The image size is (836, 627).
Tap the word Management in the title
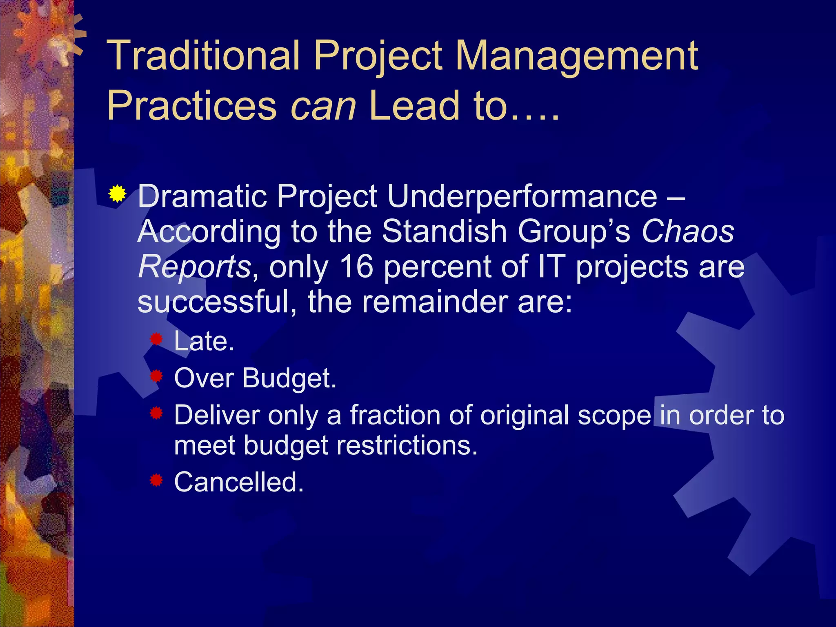coord(576,56)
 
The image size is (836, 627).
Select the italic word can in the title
coord(323,107)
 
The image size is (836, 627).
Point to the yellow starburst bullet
coord(117,193)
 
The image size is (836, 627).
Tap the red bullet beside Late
coord(156,339)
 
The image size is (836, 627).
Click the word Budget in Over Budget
coord(289,378)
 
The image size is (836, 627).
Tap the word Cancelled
coord(239,482)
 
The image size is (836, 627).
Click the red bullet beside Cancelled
coord(156,480)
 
